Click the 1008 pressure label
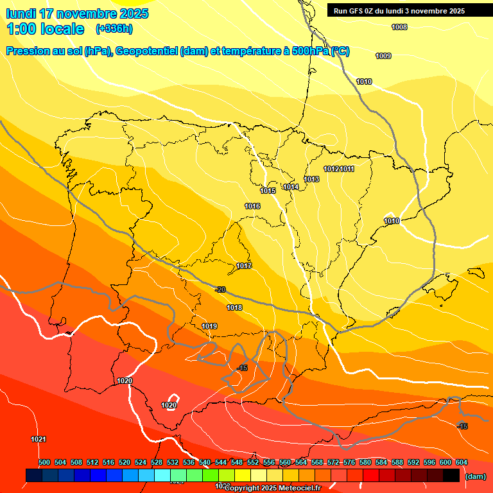click(399, 27)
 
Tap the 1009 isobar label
click(383, 56)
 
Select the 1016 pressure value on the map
click(252, 206)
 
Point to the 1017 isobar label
click(244, 266)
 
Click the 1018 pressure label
click(234, 308)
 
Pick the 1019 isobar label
click(209, 326)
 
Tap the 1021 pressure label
click(39, 439)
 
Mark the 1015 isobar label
click(268, 191)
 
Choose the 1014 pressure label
click(291, 187)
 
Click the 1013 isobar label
click(312, 179)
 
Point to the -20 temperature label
click(221, 290)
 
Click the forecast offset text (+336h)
click(114, 29)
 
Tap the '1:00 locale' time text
click(45, 29)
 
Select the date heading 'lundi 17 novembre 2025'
click(77, 13)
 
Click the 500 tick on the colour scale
click(44, 462)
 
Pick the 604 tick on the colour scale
click(462, 462)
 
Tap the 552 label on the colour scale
click(253, 462)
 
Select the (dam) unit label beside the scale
click(475, 476)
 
